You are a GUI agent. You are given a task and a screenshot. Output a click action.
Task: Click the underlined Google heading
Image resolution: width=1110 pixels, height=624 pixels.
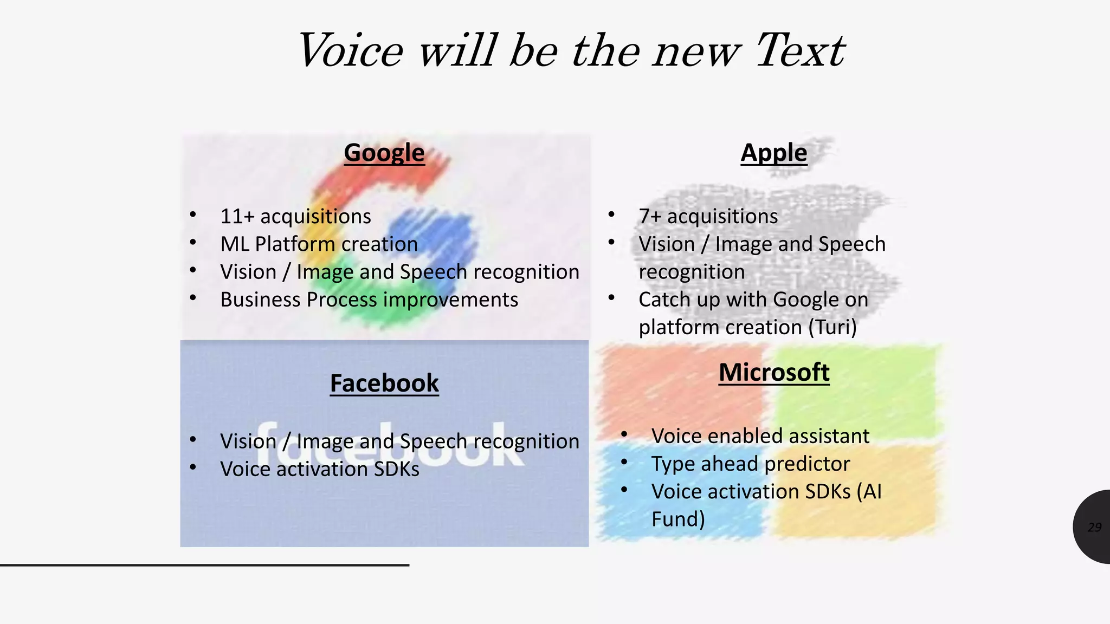(x=384, y=153)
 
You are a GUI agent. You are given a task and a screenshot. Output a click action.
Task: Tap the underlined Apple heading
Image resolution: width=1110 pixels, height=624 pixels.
(x=773, y=153)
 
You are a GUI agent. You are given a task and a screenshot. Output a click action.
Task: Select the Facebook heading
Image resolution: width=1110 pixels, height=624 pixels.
(x=384, y=383)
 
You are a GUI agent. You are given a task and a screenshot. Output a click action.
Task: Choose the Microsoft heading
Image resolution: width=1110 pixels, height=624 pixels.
(x=773, y=372)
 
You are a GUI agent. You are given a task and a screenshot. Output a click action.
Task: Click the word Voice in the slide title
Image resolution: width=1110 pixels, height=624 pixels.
(x=351, y=51)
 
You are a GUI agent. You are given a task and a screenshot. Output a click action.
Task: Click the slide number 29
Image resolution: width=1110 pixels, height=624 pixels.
(x=1094, y=527)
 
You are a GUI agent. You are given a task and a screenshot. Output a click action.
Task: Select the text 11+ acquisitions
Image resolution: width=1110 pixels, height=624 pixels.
(x=295, y=216)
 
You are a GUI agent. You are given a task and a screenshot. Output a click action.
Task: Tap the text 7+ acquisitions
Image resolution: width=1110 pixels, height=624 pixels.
(x=708, y=216)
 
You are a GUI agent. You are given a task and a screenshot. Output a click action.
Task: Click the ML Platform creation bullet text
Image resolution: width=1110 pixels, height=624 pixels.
(x=319, y=244)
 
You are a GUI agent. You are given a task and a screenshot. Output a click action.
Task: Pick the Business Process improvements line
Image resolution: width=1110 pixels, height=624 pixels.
(x=369, y=300)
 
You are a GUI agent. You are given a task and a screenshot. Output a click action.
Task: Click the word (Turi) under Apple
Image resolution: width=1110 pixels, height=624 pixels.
(x=832, y=327)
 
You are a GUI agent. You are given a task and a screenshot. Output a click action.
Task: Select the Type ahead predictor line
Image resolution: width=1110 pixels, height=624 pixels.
(x=750, y=464)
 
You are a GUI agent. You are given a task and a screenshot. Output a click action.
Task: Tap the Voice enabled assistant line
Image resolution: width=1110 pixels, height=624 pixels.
(x=760, y=436)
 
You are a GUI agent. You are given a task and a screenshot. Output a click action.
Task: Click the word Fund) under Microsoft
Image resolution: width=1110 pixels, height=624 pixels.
(x=678, y=519)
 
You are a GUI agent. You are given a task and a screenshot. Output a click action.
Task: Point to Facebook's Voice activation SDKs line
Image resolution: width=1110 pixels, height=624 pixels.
(x=319, y=469)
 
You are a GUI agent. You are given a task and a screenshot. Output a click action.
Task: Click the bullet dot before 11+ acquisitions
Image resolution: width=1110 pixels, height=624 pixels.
(x=193, y=215)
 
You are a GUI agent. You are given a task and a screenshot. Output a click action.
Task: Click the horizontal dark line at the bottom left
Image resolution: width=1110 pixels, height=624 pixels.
(x=204, y=565)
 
